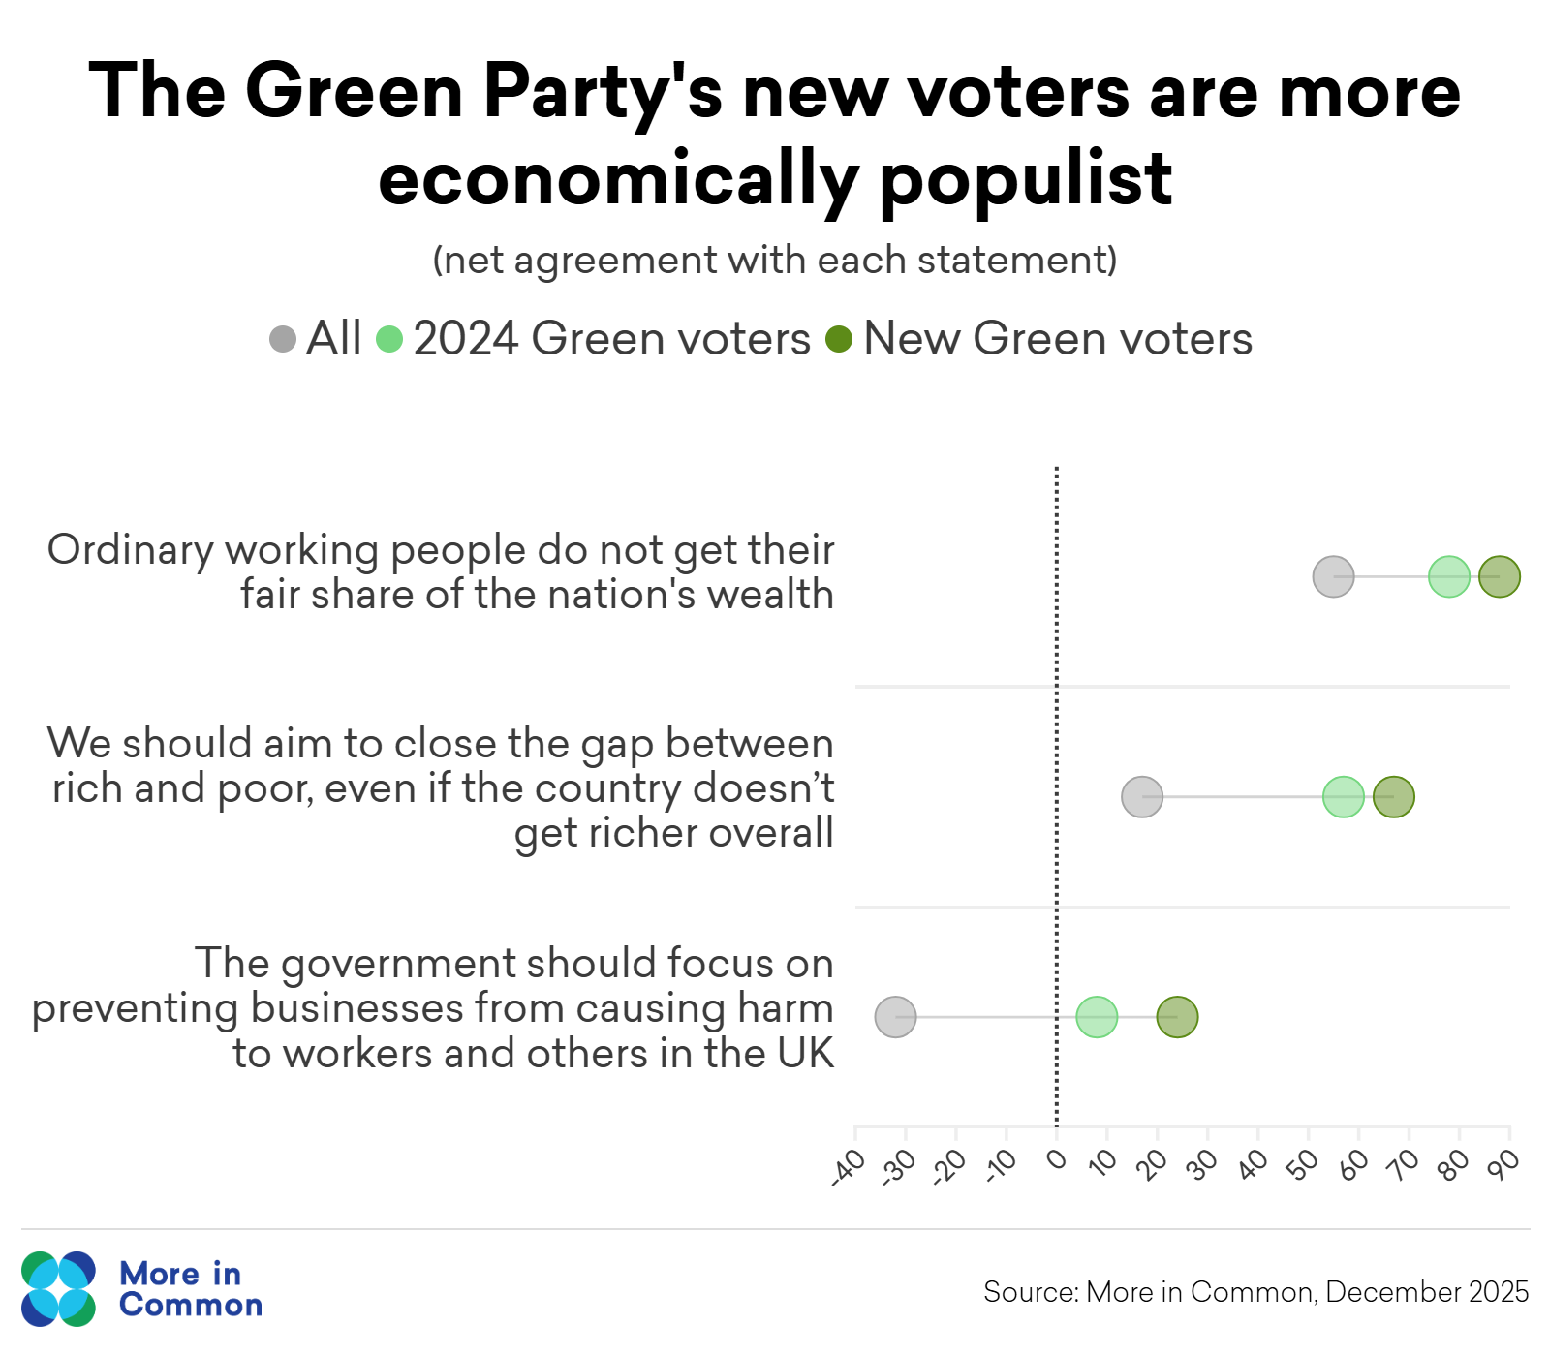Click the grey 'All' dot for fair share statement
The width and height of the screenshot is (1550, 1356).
pos(1333,577)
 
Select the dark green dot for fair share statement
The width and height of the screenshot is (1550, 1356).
pos(1499,577)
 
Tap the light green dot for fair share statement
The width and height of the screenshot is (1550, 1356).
pos(1449,577)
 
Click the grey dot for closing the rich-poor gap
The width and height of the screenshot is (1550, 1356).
pos(1142,797)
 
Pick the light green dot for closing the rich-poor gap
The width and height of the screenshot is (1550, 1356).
pos(1344,797)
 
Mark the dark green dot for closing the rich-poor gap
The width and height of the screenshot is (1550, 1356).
pos(1394,797)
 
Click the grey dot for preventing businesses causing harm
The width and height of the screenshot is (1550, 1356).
pos(895,1017)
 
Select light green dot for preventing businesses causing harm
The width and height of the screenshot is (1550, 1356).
pos(1097,1017)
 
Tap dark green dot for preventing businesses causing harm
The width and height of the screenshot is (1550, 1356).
pos(1177,1017)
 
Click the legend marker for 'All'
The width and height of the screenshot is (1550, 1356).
pos(283,340)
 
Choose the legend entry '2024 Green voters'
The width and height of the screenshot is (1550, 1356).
pos(610,340)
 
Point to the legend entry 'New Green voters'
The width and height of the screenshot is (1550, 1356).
pos(1056,340)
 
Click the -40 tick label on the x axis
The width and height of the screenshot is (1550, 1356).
pos(848,1167)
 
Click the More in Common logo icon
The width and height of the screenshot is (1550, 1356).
pos(59,1289)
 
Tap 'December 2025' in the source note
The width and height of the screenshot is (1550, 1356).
pos(1427,1292)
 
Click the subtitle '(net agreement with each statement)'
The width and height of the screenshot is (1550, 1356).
pos(775,261)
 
